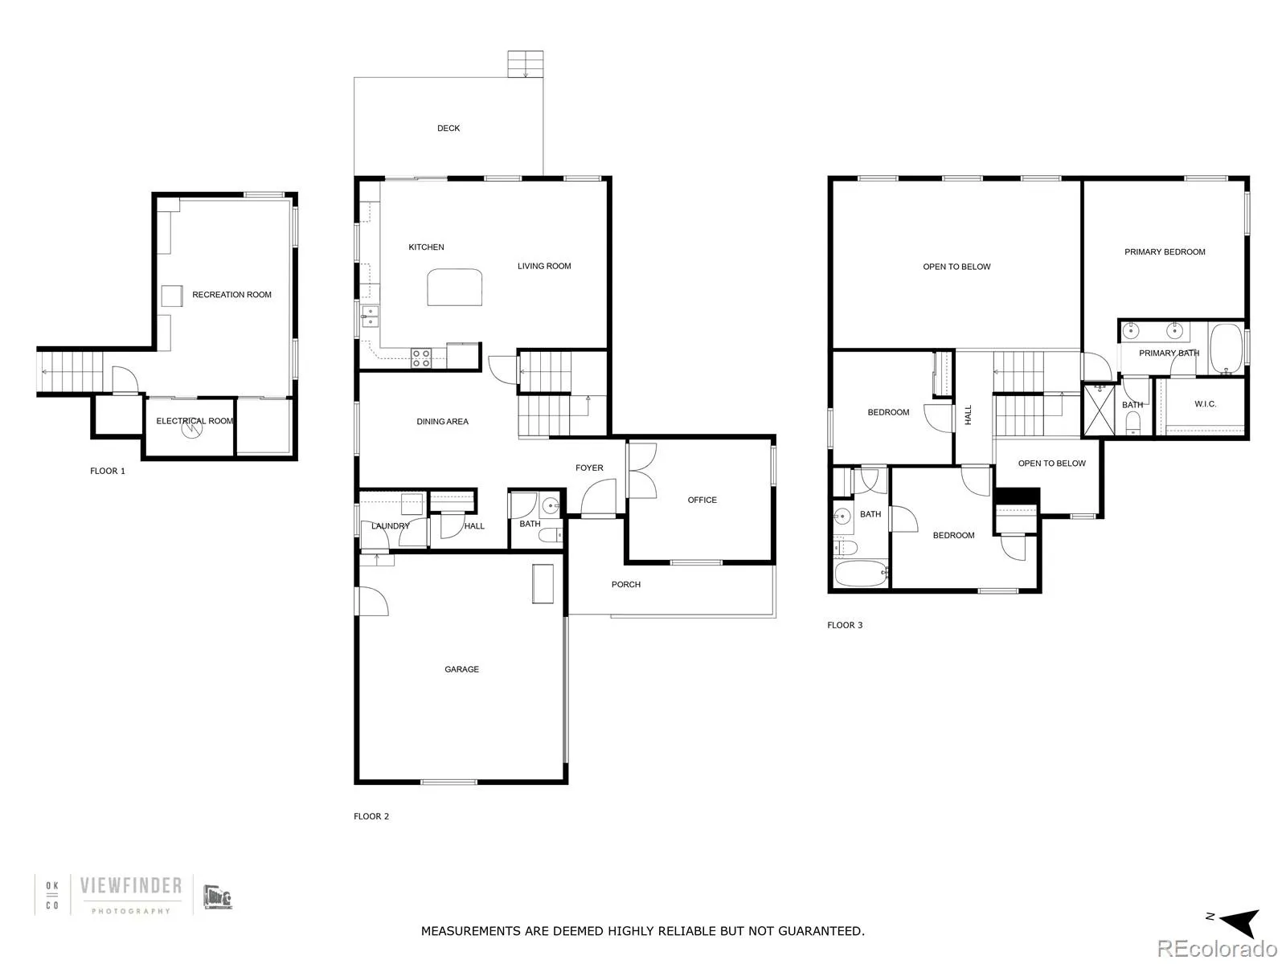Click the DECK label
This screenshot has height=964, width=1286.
click(448, 129)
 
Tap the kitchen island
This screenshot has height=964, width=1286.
click(455, 288)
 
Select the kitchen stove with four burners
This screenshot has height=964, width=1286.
click(421, 357)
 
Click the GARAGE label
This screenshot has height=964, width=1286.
click(461, 669)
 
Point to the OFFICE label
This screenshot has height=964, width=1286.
click(702, 500)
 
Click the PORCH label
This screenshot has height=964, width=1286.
click(625, 585)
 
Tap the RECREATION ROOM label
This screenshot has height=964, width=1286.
click(231, 295)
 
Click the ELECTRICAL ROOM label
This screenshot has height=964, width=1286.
click(195, 421)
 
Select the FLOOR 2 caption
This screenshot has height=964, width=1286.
click(371, 816)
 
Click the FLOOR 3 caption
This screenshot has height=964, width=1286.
click(845, 625)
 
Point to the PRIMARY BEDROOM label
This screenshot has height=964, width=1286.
click(1165, 252)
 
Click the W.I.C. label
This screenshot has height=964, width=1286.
click(1205, 404)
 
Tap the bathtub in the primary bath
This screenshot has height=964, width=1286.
click(1227, 349)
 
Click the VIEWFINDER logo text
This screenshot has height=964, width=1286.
click(130, 886)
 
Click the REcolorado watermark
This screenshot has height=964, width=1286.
click(1217, 949)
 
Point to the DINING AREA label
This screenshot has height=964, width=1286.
click(442, 422)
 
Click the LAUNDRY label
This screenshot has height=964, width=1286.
click(390, 526)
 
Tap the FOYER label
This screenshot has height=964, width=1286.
click(589, 468)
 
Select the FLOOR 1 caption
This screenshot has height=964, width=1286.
click(108, 471)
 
